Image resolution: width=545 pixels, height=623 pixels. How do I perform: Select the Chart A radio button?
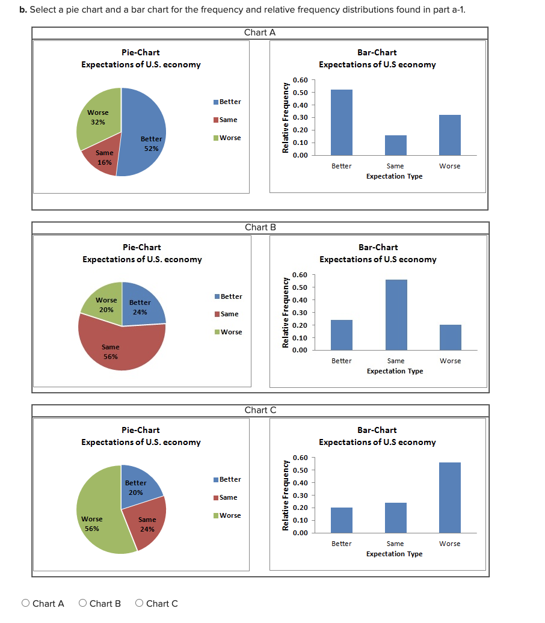tap(26, 603)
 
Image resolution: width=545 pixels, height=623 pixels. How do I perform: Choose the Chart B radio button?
tap(83, 603)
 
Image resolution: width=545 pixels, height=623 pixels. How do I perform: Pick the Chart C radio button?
tap(140, 603)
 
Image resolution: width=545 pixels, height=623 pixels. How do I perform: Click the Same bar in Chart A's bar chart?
tap(395, 145)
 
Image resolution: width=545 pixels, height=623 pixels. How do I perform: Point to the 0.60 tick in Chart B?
tap(300, 275)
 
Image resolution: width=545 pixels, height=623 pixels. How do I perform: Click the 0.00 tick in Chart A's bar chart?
tap(300, 155)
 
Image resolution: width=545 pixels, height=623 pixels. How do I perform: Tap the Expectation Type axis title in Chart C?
tap(394, 554)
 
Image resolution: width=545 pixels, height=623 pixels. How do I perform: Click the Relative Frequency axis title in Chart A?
tap(286, 118)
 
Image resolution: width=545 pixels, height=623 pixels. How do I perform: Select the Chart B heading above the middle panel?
tap(260, 227)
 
